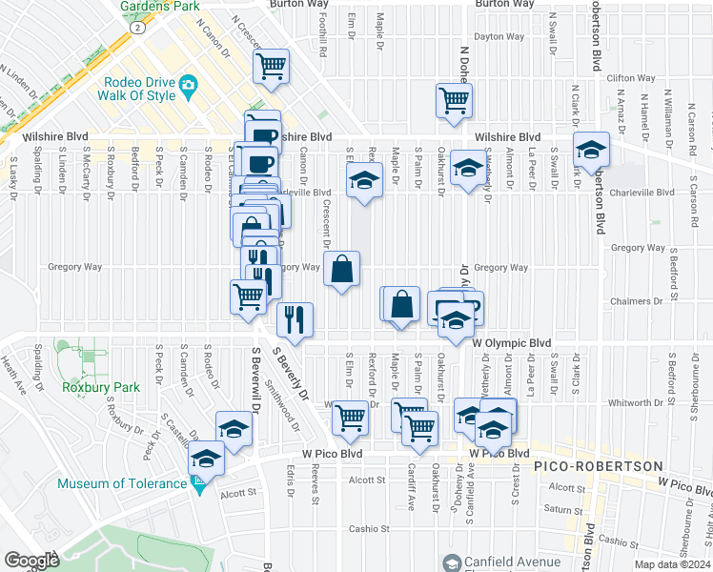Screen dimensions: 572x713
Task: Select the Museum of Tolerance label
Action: (122, 483)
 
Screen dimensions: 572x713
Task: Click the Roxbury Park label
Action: (101, 387)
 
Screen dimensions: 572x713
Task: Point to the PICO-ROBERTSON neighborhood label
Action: (598, 465)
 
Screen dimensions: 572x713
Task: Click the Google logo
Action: (32, 561)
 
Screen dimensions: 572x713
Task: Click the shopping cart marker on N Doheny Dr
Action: (454, 100)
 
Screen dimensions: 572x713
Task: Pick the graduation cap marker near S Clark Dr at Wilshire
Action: (591, 149)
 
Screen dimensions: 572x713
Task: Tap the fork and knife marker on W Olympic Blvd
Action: (295, 318)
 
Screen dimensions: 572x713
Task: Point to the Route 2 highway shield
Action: (139, 29)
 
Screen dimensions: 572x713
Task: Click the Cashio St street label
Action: (369, 529)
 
